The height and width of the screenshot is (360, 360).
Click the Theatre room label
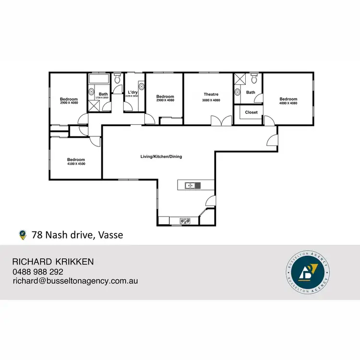point(211,94)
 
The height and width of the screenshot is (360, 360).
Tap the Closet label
point(251,112)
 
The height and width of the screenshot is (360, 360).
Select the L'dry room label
point(133,92)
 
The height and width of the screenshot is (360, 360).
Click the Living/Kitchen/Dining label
point(161,156)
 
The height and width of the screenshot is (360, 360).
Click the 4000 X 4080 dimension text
point(288,104)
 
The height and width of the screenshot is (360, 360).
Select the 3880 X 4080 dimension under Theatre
point(211,100)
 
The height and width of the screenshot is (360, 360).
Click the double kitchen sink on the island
point(191,185)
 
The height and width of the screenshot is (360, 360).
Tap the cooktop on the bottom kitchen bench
point(185,221)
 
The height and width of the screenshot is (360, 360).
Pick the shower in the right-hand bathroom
point(239,78)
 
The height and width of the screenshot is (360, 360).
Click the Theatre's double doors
point(218,121)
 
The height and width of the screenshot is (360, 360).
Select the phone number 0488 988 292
point(39,272)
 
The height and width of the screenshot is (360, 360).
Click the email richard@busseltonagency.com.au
point(75,281)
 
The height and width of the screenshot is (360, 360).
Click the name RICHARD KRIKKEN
point(53,262)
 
